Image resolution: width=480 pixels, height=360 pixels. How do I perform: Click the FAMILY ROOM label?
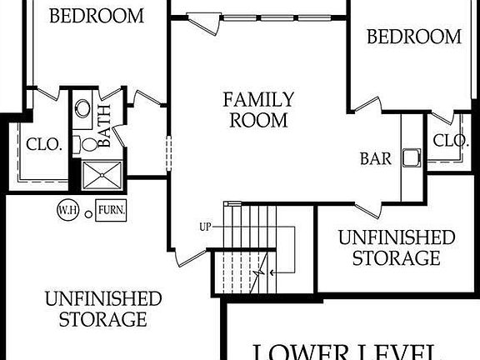(257, 109)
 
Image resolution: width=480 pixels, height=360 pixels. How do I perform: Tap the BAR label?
(375, 158)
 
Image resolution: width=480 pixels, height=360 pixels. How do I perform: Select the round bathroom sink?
(82, 108)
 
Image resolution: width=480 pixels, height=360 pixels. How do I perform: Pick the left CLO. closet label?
(44, 144)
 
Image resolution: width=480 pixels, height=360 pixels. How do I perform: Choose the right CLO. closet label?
(451, 141)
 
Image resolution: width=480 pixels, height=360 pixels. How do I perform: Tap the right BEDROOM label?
(414, 37)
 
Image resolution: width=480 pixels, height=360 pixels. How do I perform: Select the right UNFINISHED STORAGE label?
(396, 247)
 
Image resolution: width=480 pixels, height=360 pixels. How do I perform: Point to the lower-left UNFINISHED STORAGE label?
(103, 308)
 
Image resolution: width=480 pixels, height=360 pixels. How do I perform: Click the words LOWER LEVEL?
(353, 350)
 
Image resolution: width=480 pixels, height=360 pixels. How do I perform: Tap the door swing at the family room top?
(203, 22)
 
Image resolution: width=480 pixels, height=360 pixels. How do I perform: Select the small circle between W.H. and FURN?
(87, 211)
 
